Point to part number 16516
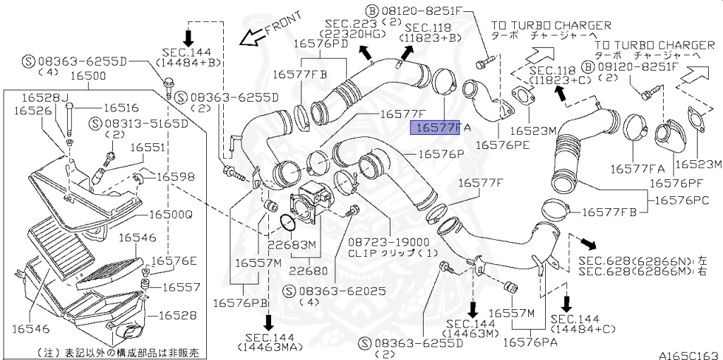(121, 108)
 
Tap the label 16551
(145, 148)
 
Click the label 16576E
(174, 260)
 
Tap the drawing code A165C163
(688, 354)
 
